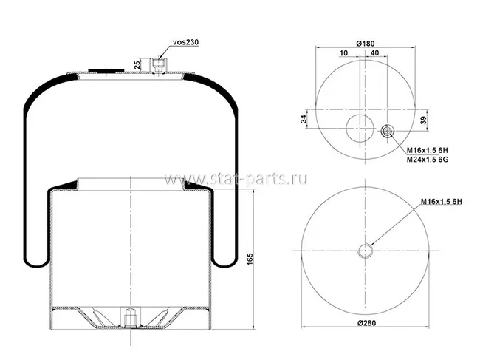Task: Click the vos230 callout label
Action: [x=185, y=42]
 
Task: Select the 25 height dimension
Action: [x=137, y=64]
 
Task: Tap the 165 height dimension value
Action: [x=250, y=259]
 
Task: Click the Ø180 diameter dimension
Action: [x=366, y=44]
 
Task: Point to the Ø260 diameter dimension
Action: [x=366, y=323]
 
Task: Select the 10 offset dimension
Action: [x=344, y=53]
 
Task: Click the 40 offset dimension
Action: [x=374, y=52]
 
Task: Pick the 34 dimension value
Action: [x=304, y=119]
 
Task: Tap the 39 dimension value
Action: [x=423, y=120]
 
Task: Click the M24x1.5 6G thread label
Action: [x=428, y=160]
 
